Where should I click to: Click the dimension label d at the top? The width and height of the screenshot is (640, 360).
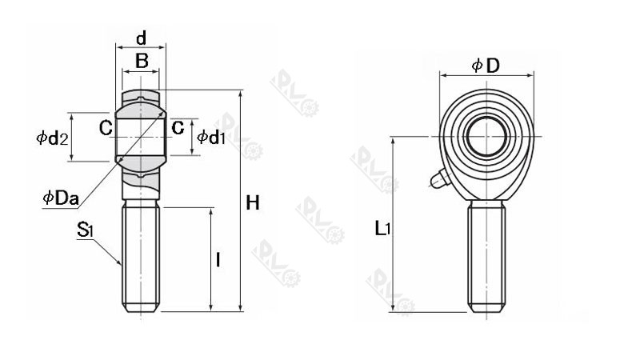(141, 38)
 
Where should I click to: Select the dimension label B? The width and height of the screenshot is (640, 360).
(141, 60)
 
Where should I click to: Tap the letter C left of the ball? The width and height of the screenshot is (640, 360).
(106, 128)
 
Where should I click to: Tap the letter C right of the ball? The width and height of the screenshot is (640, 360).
(178, 127)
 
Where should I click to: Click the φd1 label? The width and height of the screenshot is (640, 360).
(212, 137)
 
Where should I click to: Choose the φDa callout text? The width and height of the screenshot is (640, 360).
(60, 197)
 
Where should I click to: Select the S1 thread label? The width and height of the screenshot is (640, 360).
(86, 230)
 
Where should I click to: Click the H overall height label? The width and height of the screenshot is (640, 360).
(253, 203)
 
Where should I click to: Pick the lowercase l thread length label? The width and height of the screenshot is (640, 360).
(218, 260)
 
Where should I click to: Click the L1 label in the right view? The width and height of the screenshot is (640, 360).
(383, 230)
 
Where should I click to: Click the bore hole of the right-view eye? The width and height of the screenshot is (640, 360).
(486, 136)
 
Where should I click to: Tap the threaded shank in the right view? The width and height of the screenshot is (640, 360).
(486, 256)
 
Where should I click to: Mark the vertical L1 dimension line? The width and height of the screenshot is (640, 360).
(392, 224)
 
